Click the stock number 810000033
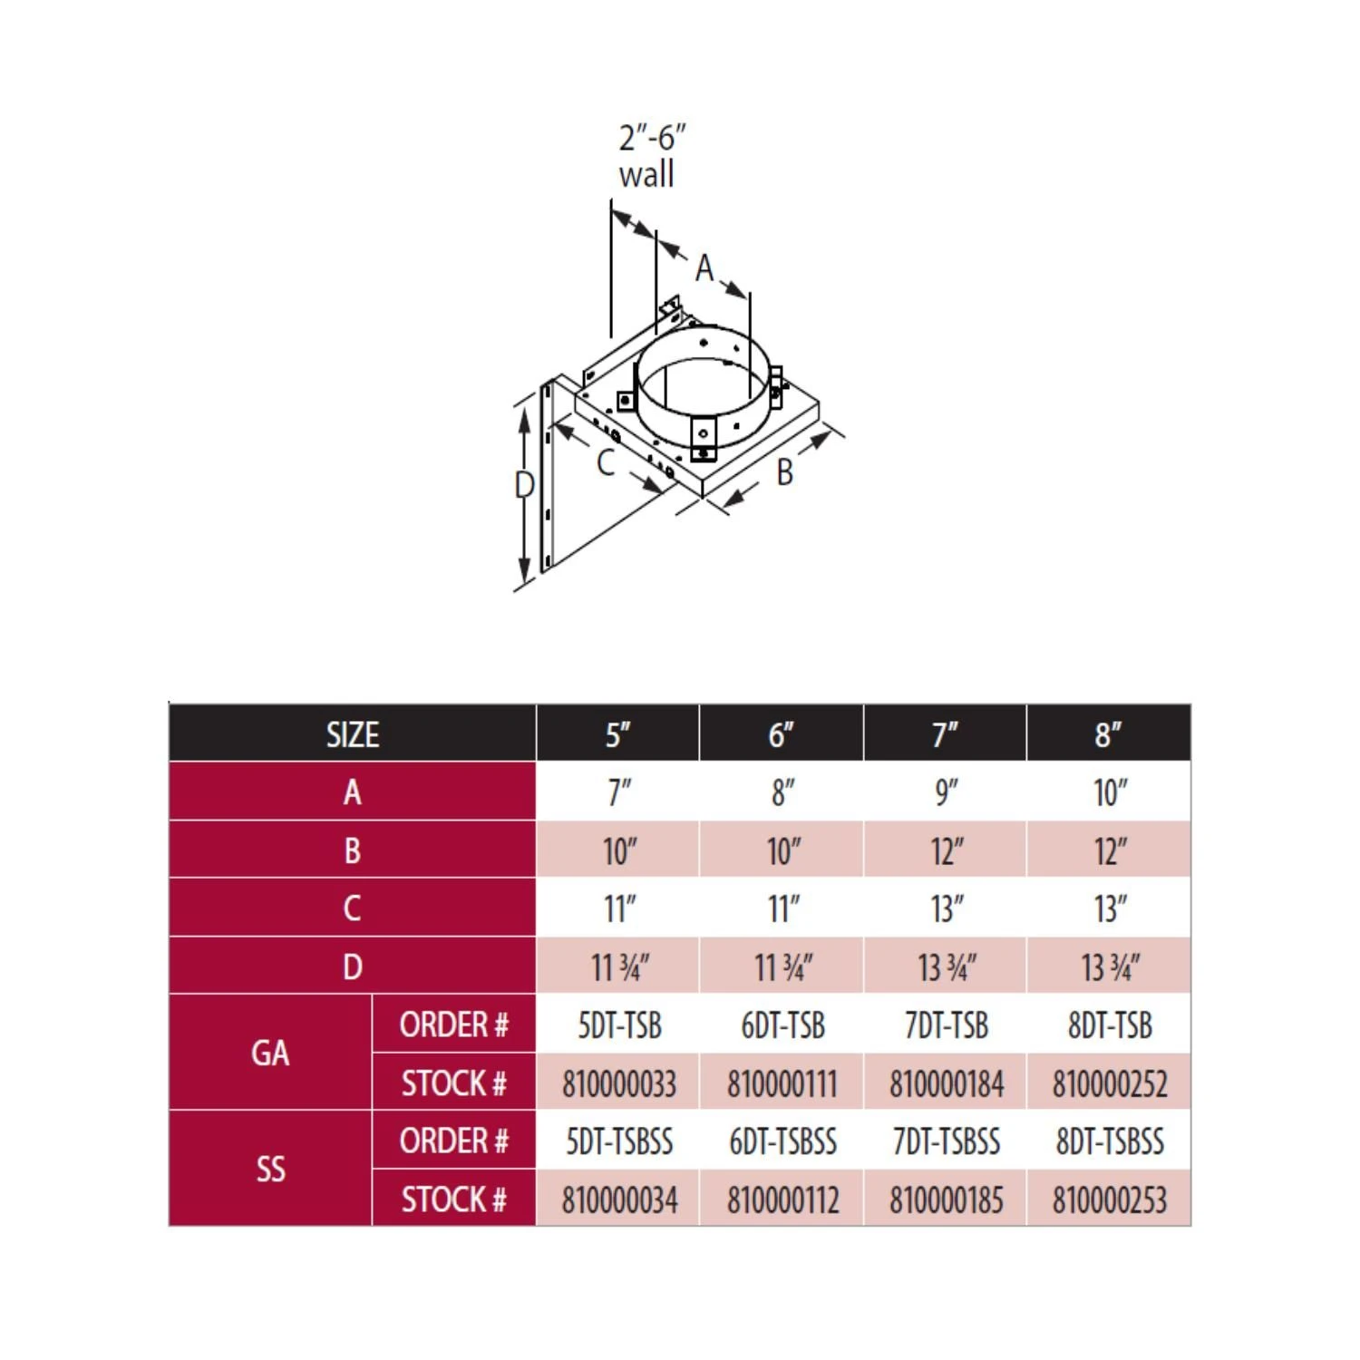coord(619,1083)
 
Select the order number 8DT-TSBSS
coord(1109,1141)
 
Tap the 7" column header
coord(945,734)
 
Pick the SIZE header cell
coord(353,734)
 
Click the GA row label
coord(270,1054)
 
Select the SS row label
coord(270,1170)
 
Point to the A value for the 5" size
coord(619,792)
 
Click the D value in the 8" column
coord(1109,967)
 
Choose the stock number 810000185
coord(946,1200)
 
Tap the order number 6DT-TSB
coord(782,1025)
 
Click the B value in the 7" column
coord(946,851)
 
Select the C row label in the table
coord(353,908)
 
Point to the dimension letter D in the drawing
coord(524,485)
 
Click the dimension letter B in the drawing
coord(784,472)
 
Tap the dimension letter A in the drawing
coord(704,268)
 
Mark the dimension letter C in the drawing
coord(606,463)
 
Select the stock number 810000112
coord(782,1200)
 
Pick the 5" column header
coord(618,734)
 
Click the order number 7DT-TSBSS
coord(946,1141)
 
